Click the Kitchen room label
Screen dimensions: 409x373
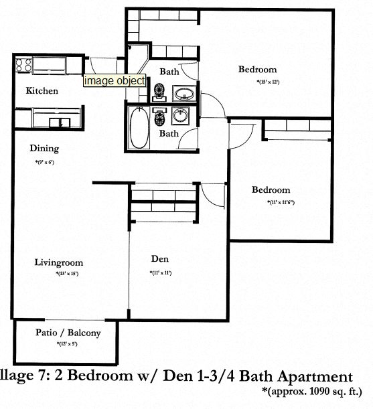tap(42, 91)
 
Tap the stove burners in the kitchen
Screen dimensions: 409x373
tap(23, 66)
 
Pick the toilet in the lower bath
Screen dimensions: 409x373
tap(160, 119)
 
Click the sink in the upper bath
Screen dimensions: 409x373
tap(182, 93)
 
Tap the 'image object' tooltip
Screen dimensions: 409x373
tap(114, 80)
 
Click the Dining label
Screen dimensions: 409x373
tap(44, 149)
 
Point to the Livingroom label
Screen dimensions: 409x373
tap(56, 262)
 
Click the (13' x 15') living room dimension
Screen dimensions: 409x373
tap(67, 274)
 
